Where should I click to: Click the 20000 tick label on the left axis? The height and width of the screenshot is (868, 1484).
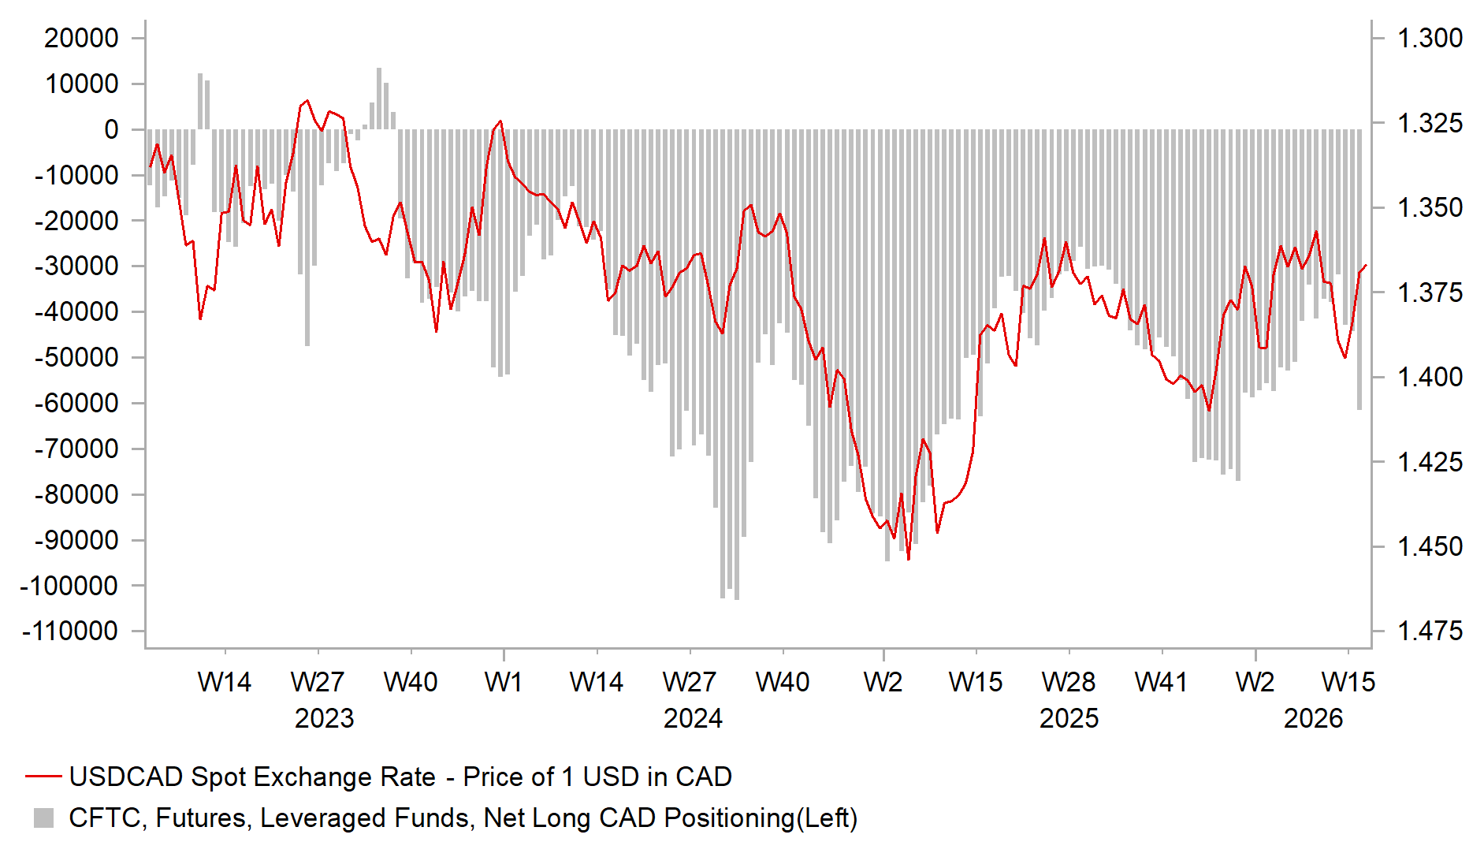(x=81, y=38)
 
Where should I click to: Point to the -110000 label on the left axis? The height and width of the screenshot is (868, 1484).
(x=70, y=631)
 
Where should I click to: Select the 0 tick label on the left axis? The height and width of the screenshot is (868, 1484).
(x=111, y=129)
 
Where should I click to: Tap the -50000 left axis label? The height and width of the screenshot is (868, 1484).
(x=76, y=357)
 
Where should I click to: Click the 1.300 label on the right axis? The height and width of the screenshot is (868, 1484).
(x=1429, y=38)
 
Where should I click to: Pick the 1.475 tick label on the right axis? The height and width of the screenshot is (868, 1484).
(x=1429, y=631)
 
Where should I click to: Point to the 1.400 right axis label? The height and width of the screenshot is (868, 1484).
(x=1429, y=377)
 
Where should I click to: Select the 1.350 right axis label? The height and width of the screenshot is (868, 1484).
(x=1429, y=207)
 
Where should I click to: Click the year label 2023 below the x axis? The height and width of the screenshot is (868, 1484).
(x=324, y=718)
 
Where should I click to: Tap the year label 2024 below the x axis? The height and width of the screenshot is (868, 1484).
(x=693, y=718)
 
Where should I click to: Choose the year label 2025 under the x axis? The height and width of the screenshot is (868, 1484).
(x=1069, y=718)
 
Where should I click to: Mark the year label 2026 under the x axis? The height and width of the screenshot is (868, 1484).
(x=1313, y=718)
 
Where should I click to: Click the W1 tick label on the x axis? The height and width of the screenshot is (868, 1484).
(x=504, y=682)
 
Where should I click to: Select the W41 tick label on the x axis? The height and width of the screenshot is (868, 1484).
(x=1161, y=682)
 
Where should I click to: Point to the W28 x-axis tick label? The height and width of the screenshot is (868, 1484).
(x=1069, y=682)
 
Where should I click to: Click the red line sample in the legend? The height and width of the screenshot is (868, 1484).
(x=43, y=777)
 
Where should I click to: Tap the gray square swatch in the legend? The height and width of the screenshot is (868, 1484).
(x=44, y=818)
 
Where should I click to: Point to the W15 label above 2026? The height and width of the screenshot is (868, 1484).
(x=1348, y=682)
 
